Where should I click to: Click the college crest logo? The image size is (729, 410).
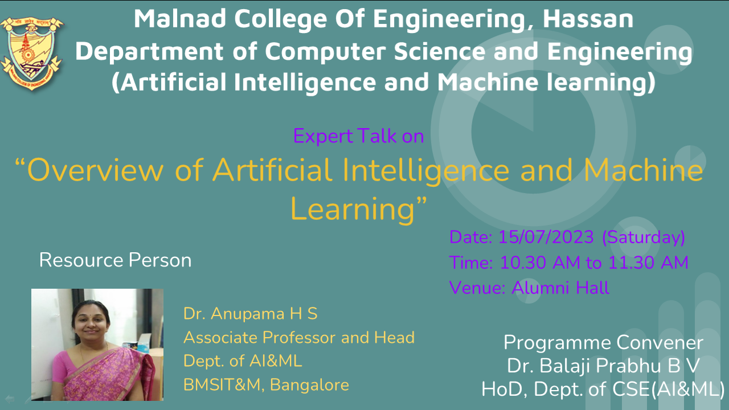(x=32, y=53)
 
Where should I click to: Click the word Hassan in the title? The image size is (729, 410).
(x=588, y=19)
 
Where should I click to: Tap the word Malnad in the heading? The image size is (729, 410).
(x=180, y=19)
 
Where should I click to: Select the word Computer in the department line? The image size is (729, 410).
(x=325, y=52)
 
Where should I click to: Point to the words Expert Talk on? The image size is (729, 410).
(x=358, y=136)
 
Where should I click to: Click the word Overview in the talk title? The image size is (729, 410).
(x=95, y=170)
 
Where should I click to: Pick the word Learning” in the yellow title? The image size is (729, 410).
(x=358, y=208)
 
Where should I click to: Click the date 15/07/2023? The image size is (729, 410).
(x=546, y=237)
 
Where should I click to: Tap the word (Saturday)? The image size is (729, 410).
(x=644, y=237)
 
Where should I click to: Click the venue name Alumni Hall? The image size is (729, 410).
(x=560, y=288)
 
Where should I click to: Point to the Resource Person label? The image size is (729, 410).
(x=115, y=260)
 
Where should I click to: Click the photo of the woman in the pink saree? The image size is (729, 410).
(x=97, y=345)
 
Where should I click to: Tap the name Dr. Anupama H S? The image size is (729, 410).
(x=250, y=314)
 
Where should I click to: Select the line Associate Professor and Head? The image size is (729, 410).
(x=299, y=337)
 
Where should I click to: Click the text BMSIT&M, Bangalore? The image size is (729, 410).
(x=266, y=384)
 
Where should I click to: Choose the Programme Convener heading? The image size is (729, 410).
(x=603, y=343)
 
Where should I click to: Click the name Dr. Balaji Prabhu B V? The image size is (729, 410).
(x=603, y=366)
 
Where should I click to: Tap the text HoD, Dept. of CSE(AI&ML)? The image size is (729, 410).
(x=603, y=389)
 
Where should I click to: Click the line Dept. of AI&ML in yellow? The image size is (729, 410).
(x=243, y=361)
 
